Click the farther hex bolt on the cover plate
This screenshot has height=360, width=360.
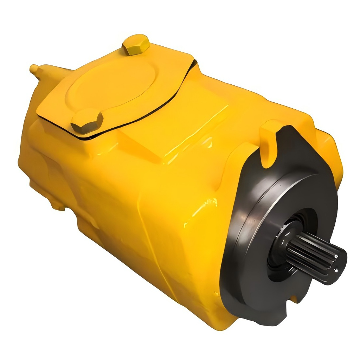(x=136, y=45)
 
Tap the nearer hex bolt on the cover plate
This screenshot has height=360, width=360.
(x=87, y=122)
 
